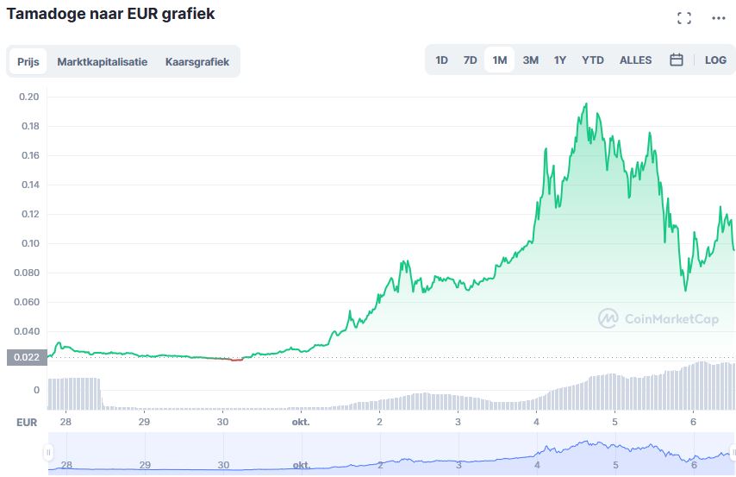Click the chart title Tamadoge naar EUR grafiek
110,15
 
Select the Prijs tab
28,62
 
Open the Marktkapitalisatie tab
102,62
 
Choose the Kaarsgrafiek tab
197,62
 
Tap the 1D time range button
441,60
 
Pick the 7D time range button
470,60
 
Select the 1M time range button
499,60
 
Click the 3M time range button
530,60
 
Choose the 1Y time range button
560,60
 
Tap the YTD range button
592,60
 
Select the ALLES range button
635,60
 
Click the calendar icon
677,60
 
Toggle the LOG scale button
715,60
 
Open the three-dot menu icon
719,18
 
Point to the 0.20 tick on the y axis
29,97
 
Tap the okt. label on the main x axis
301,422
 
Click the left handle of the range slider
48,453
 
